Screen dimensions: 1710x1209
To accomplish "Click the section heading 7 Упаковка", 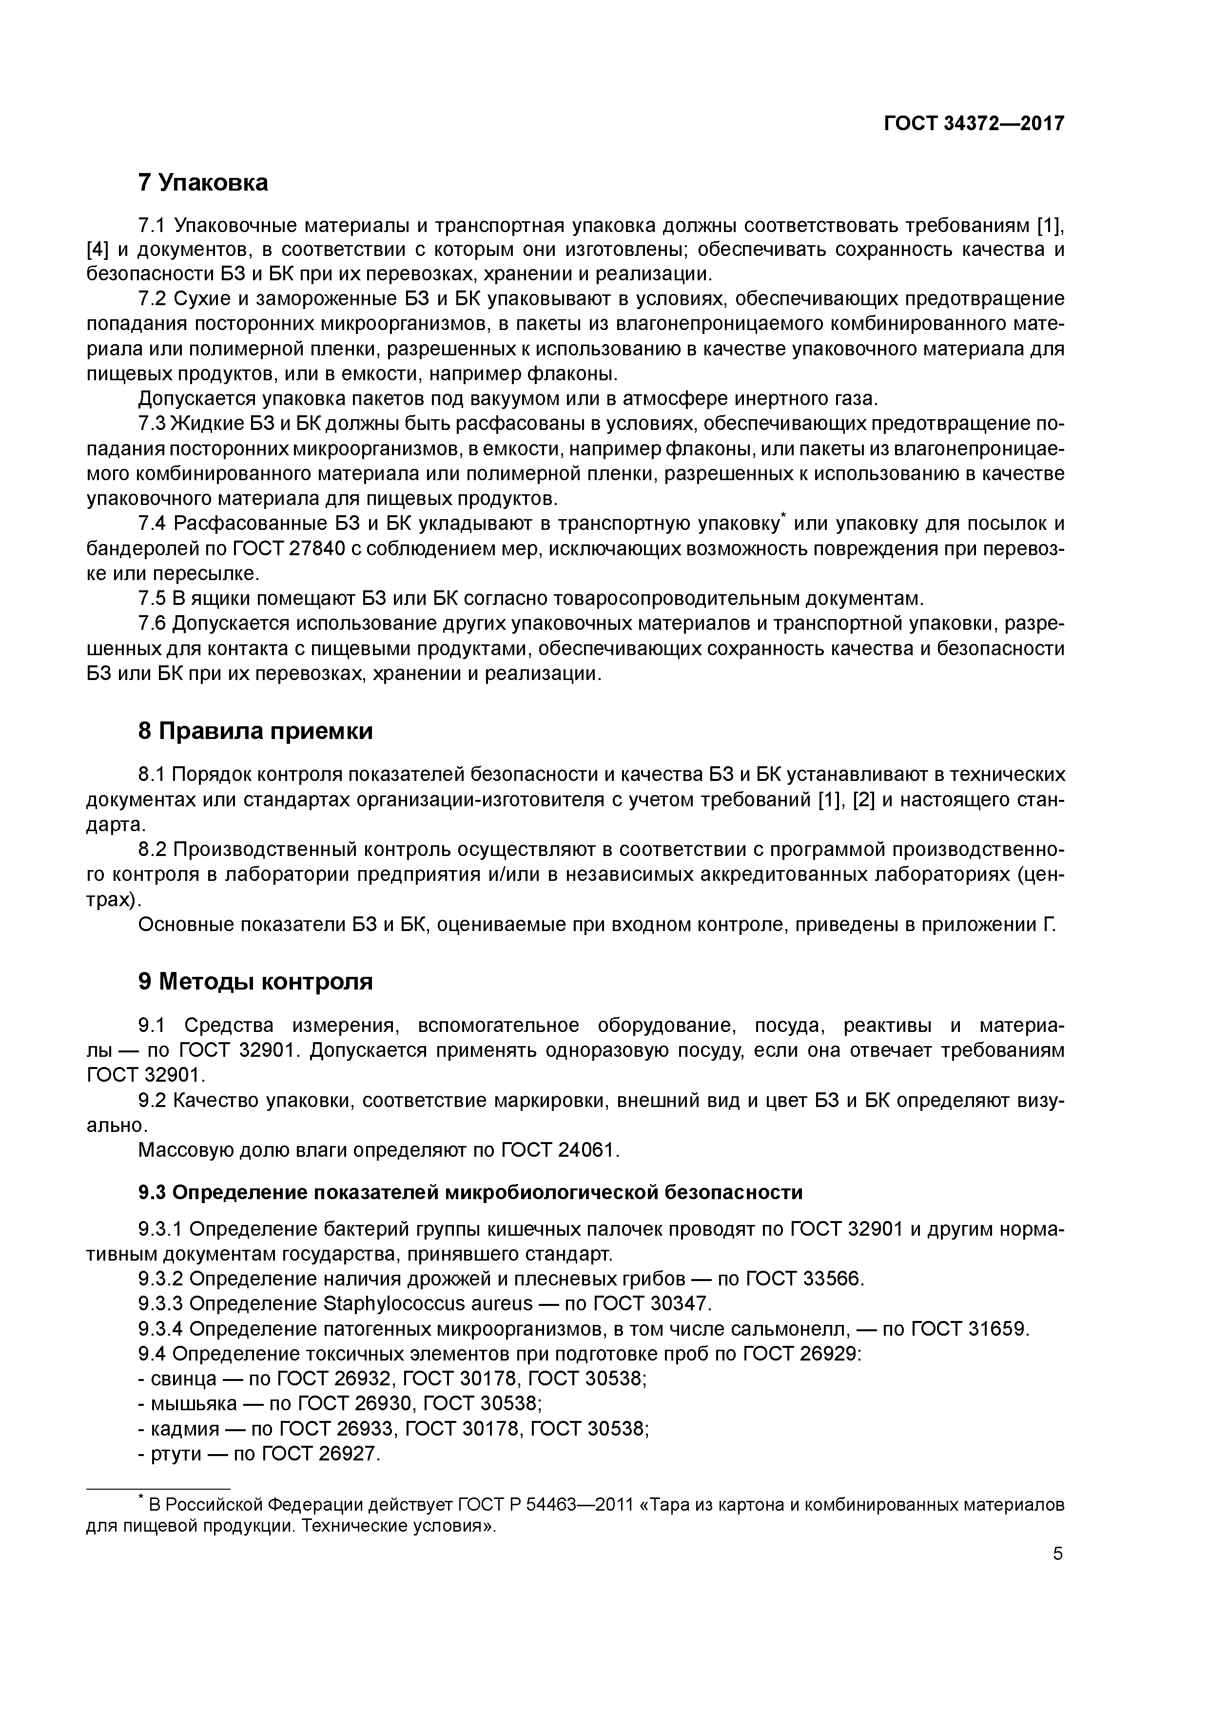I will [203, 182].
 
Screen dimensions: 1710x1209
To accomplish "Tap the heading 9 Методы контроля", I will [255, 982].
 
